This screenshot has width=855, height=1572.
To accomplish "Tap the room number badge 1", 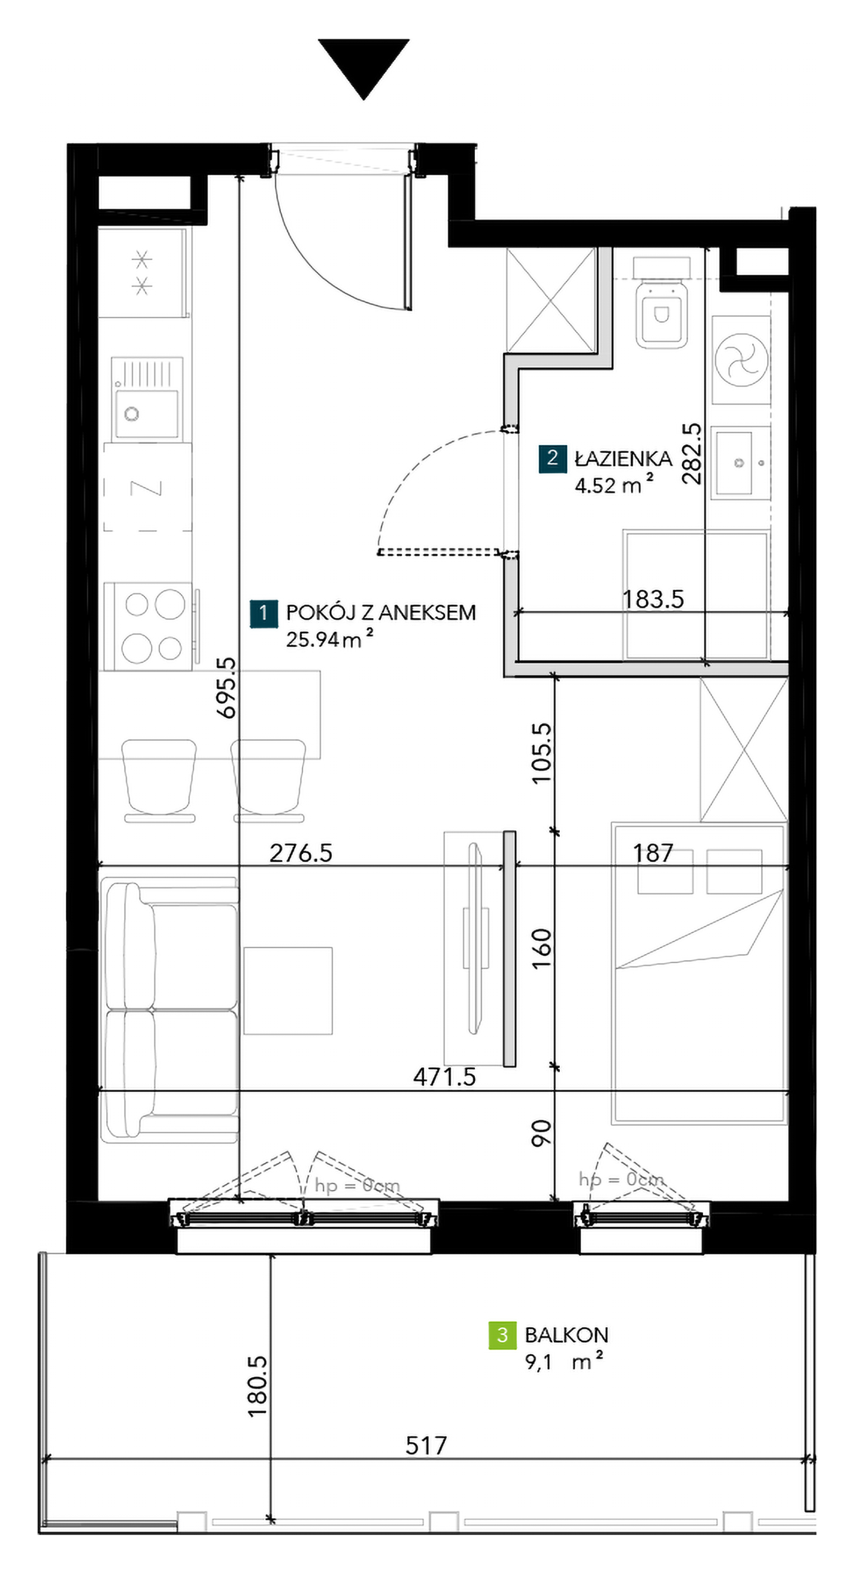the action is [263, 613].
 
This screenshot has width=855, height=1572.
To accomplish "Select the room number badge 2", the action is [553, 458].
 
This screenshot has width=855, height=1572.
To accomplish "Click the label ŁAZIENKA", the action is [623, 458].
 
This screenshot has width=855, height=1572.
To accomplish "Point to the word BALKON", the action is [567, 1335].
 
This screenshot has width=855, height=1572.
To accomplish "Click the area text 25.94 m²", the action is [330, 639].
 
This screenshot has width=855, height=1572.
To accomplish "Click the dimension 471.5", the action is [445, 1077].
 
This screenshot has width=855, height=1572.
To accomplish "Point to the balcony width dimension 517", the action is [426, 1445].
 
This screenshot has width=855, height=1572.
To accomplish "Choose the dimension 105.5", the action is [541, 753].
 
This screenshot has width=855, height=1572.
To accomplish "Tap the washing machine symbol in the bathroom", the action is [741, 359].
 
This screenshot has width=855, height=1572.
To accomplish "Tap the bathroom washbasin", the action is [740, 462].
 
